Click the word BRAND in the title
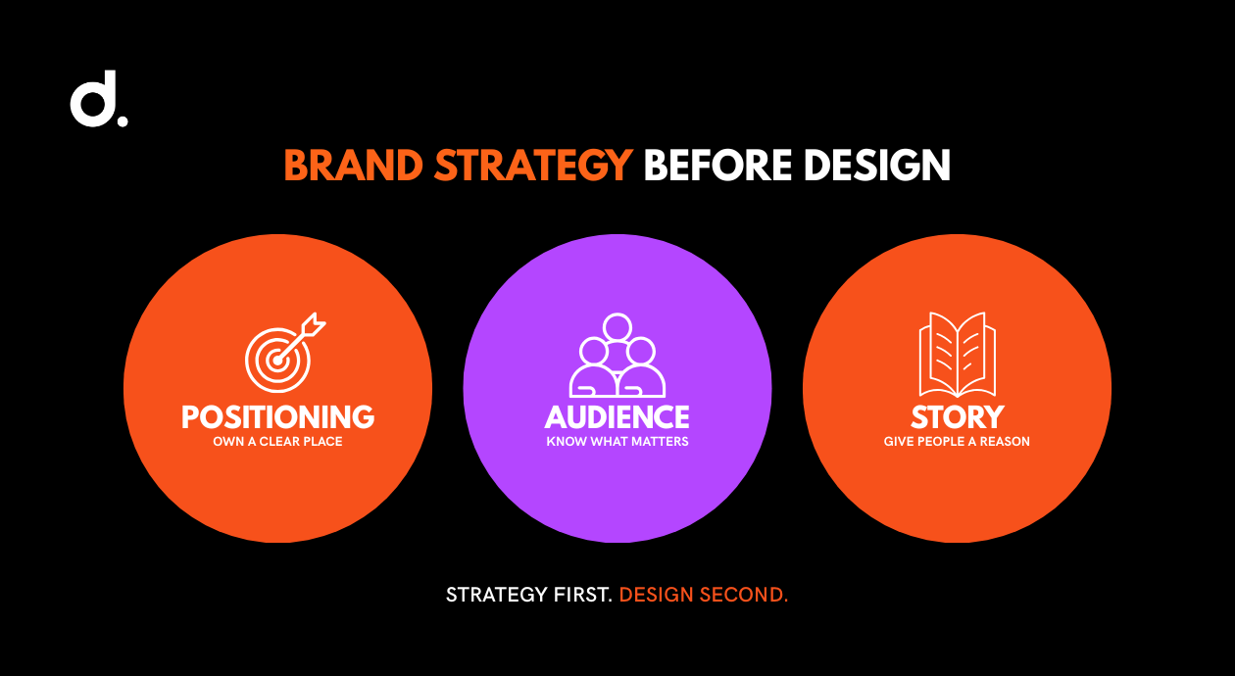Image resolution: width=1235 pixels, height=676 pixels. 354,166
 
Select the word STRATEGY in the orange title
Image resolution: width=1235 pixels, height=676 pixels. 533,166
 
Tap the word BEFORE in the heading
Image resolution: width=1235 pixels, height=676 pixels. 718,166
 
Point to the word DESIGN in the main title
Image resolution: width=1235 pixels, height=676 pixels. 877,166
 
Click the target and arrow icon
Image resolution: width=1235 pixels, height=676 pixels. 285,353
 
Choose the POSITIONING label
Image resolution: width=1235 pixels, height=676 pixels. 278,417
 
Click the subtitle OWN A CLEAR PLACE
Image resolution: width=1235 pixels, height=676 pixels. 278,441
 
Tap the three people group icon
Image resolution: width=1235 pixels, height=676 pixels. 617,356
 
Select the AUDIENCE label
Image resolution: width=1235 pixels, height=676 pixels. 617,417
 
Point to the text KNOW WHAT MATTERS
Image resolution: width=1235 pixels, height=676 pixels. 617,441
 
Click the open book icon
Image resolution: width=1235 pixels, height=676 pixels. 957,355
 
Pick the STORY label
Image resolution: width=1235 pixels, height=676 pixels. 957,417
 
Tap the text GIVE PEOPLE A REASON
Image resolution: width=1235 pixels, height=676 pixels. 957,441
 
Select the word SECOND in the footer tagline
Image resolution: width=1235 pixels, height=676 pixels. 744,595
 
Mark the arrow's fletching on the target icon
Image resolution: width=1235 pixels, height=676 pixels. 315,324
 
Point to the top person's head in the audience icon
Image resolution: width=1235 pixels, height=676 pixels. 617,327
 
